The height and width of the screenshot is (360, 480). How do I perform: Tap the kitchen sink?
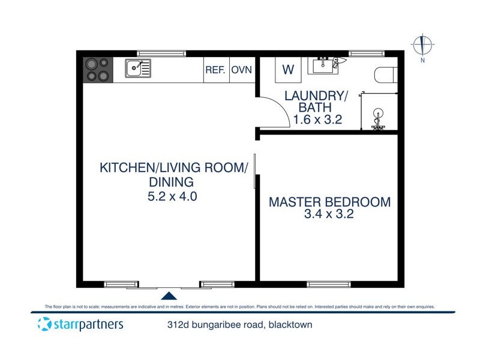pos(137,68)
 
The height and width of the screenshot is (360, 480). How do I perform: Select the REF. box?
pos(215,70)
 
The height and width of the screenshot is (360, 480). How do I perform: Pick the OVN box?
pos(241,70)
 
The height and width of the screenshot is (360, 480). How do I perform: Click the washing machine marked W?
pos(288,70)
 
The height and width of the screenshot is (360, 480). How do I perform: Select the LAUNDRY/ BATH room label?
pos(316,101)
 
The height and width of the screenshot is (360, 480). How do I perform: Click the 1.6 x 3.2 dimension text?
pos(317,119)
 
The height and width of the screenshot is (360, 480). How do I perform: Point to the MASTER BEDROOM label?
pos(329,202)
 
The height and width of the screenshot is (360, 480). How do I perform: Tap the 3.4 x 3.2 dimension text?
pos(329,214)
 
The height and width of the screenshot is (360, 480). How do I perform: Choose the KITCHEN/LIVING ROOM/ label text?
pos(173,167)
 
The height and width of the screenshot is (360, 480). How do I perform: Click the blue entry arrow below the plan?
pos(170,295)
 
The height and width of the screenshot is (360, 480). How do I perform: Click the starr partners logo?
pos(80,325)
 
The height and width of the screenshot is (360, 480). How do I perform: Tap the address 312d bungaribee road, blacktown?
pos(240,326)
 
